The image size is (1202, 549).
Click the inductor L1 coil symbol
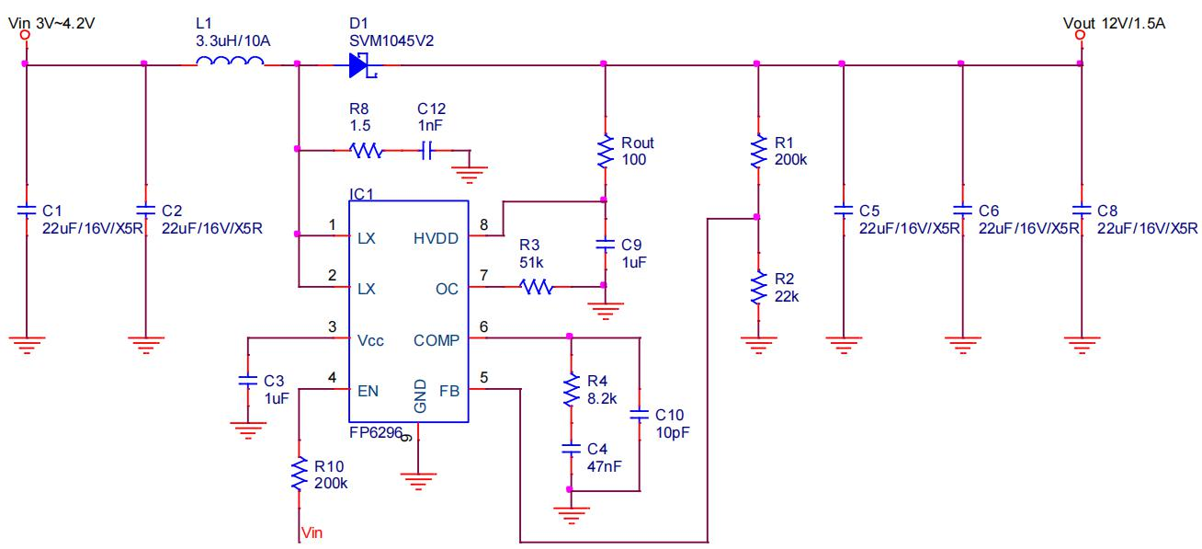point(230,63)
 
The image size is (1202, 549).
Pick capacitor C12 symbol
point(425,149)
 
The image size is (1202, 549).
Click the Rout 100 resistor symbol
point(604,153)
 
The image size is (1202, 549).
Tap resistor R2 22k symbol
point(756,288)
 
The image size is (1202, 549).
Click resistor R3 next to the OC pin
point(537,288)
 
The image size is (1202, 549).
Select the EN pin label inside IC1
point(368,390)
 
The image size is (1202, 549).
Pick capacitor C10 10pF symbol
point(639,415)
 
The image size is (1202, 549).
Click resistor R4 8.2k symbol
point(570,389)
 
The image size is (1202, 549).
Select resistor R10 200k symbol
point(298,475)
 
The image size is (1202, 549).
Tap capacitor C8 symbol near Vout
point(1080,211)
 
